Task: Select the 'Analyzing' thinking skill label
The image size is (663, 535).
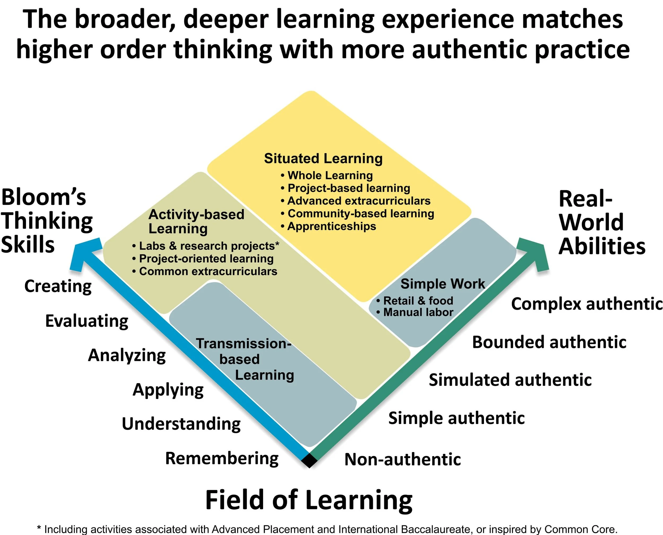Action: (x=127, y=355)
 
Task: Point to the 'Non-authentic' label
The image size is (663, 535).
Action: (x=402, y=459)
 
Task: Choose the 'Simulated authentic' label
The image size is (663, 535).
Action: (x=510, y=380)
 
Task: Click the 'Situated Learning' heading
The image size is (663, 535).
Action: (x=323, y=158)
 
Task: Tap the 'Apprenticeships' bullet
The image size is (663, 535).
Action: (x=331, y=227)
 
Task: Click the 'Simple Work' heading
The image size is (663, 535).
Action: (x=443, y=284)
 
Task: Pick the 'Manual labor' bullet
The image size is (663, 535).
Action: (x=418, y=312)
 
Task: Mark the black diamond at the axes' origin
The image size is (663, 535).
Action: (x=309, y=461)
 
